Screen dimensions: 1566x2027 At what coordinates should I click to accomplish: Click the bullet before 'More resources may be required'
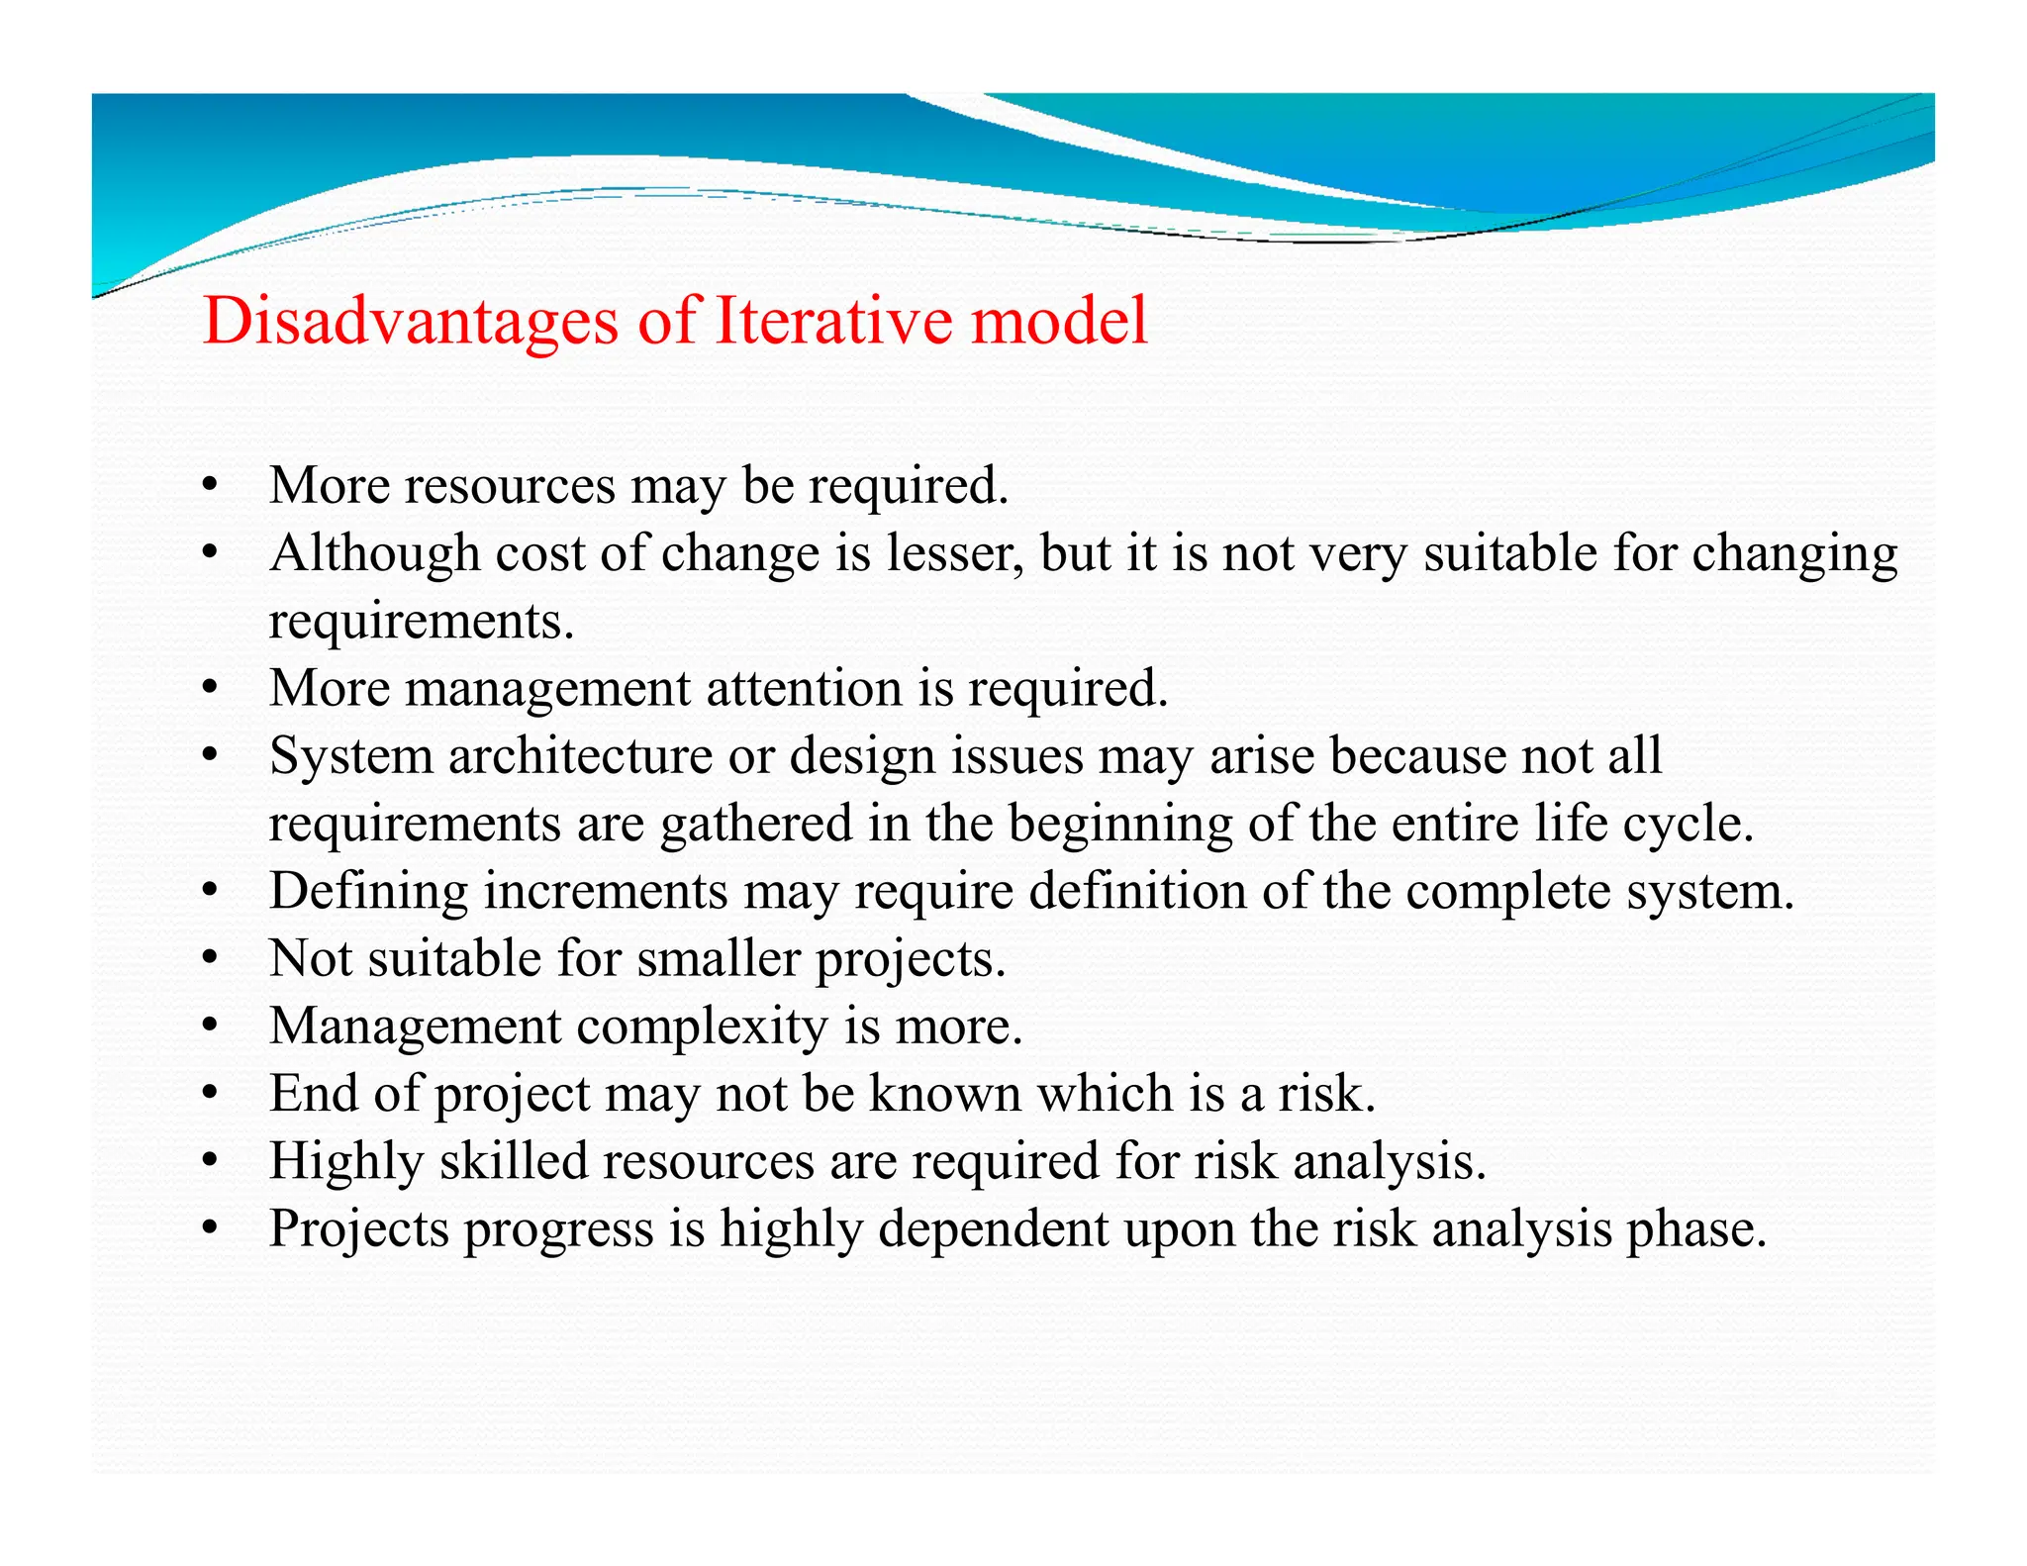[208, 486]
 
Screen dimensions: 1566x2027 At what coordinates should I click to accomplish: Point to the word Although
[374, 553]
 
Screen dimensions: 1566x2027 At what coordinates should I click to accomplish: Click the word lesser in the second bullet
[954, 553]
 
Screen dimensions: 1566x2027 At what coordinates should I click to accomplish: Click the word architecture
[580, 756]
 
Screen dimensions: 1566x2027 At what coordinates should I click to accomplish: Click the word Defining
[368, 891]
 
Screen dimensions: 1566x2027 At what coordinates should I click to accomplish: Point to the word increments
[606, 891]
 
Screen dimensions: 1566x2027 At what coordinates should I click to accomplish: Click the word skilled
[514, 1161]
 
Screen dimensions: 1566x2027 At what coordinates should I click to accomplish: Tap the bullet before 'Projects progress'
[208, 1229]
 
